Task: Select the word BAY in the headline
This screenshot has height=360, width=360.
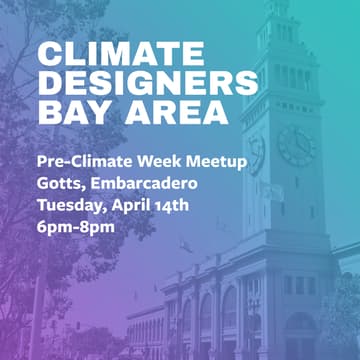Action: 67,111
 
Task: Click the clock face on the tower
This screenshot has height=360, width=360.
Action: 295,145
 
